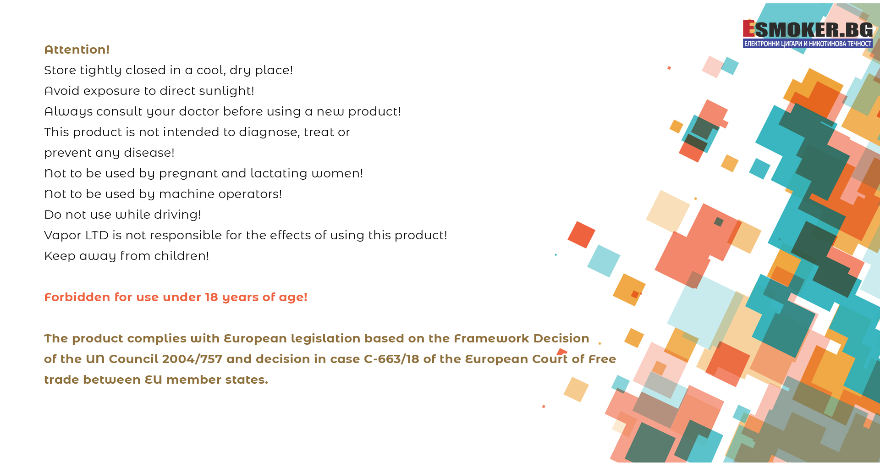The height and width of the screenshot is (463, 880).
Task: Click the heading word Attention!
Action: tap(77, 50)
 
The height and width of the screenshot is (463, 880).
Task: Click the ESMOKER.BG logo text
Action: tap(808, 29)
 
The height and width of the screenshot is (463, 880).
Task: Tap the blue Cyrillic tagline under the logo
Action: tap(808, 44)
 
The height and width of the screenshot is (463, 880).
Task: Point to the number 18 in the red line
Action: tap(211, 297)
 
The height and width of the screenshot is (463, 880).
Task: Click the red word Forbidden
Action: tap(77, 297)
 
